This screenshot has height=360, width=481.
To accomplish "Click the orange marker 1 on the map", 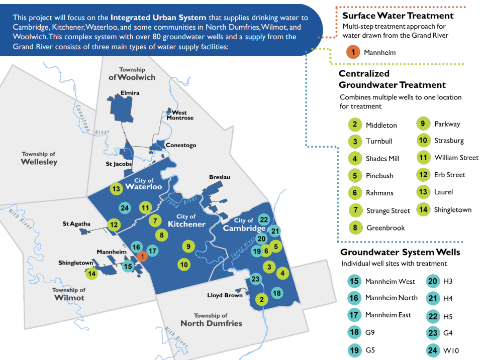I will (x=142, y=256).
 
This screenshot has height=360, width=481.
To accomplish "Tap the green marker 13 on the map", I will (x=117, y=189).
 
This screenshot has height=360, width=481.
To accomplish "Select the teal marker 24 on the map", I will (x=125, y=208).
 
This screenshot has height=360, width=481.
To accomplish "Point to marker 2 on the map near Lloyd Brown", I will (x=261, y=299).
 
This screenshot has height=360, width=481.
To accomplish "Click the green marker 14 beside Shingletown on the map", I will (x=91, y=274).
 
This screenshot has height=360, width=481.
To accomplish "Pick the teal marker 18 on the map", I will (x=276, y=293).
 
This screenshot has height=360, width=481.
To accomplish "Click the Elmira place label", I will (x=130, y=93).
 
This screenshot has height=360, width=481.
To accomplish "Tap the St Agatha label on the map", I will (x=76, y=223).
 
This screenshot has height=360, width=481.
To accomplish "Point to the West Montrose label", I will (x=179, y=115).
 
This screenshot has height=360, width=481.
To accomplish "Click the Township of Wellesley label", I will (x=39, y=158).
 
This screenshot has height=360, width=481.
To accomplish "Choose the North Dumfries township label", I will (x=211, y=320).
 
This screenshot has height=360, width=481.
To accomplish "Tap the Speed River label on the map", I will (x=240, y=251).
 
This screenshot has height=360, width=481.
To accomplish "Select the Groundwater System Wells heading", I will (x=400, y=252).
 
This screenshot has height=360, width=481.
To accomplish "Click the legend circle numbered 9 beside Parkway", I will (x=423, y=124).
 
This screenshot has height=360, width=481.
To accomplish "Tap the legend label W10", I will (x=451, y=351).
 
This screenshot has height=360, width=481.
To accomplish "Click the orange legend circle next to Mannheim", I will (x=353, y=52).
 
